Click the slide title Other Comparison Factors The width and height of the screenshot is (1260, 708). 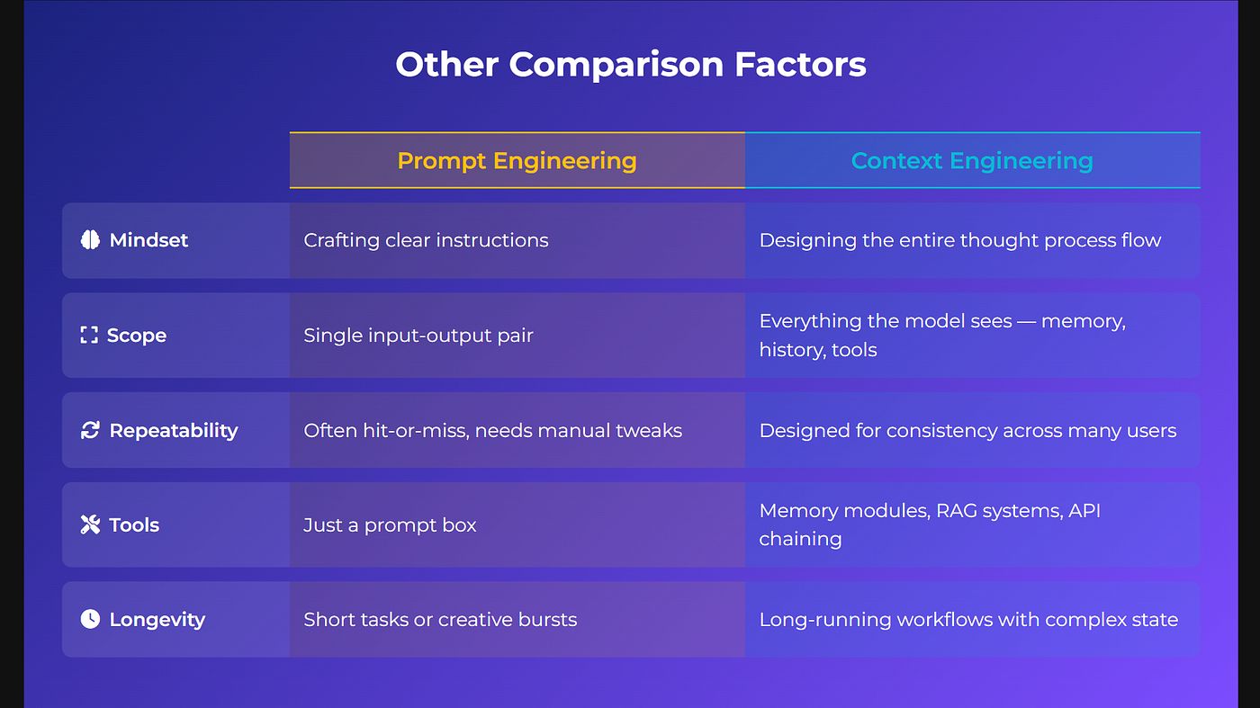[x=630, y=65]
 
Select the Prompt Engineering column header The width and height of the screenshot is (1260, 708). [x=517, y=161]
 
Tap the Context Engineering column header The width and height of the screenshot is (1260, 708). [x=972, y=161]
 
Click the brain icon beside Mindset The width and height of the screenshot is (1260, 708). [x=90, y=240]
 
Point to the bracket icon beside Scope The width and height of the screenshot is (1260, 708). [x=89, y=336]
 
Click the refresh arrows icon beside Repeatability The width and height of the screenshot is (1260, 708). [x=90, y=430]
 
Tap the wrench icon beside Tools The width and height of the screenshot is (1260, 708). [x=90, y=525]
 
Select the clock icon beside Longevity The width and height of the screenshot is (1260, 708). [x=90, y=619]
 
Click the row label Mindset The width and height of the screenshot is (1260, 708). [x=148, y=240]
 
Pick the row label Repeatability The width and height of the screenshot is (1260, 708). [x=173, y=430]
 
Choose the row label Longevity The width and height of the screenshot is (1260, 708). [x=157, y=619]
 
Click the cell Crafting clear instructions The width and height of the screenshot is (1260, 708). [x=426, y=240]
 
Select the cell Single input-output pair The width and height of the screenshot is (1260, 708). [x=418, y=336]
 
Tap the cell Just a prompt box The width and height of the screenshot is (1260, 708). [x=390, y=525]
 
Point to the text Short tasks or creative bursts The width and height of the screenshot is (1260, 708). [x=440, y=619]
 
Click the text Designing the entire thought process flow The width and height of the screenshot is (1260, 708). [x=960, y=240]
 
